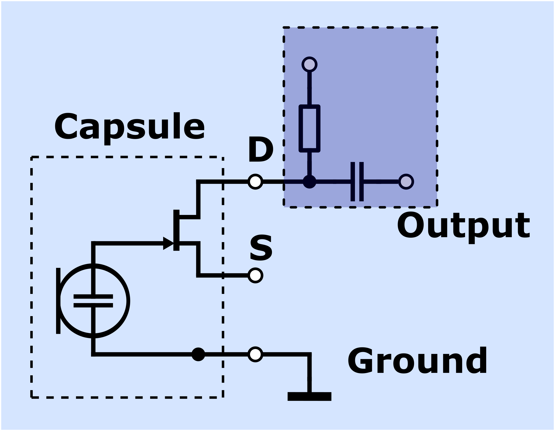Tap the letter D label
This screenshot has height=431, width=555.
(260, 150)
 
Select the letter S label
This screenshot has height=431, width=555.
(261, 248)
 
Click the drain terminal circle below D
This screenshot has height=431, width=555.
(255, 182)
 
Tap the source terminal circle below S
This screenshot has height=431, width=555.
(255, 275)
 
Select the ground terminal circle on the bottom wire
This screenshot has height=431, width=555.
(255, 354)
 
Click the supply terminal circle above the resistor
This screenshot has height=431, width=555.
(309, 65)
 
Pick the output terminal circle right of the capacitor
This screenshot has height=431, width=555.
(406, 182)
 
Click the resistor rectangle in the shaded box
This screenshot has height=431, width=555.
(309, 128)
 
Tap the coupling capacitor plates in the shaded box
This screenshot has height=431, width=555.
(357, 182)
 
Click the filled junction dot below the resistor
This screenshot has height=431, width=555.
(309, 182)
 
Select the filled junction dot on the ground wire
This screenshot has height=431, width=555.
(198, 354)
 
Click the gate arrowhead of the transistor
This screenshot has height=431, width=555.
(168, 243)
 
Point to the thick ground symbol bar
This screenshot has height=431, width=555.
(309, 396)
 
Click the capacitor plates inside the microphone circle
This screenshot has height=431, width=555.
(93, 301)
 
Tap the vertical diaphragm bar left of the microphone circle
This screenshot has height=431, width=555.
(58, 301)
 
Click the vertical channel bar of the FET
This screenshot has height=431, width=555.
(176, 230)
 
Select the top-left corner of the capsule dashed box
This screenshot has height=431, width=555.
(32, 157)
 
